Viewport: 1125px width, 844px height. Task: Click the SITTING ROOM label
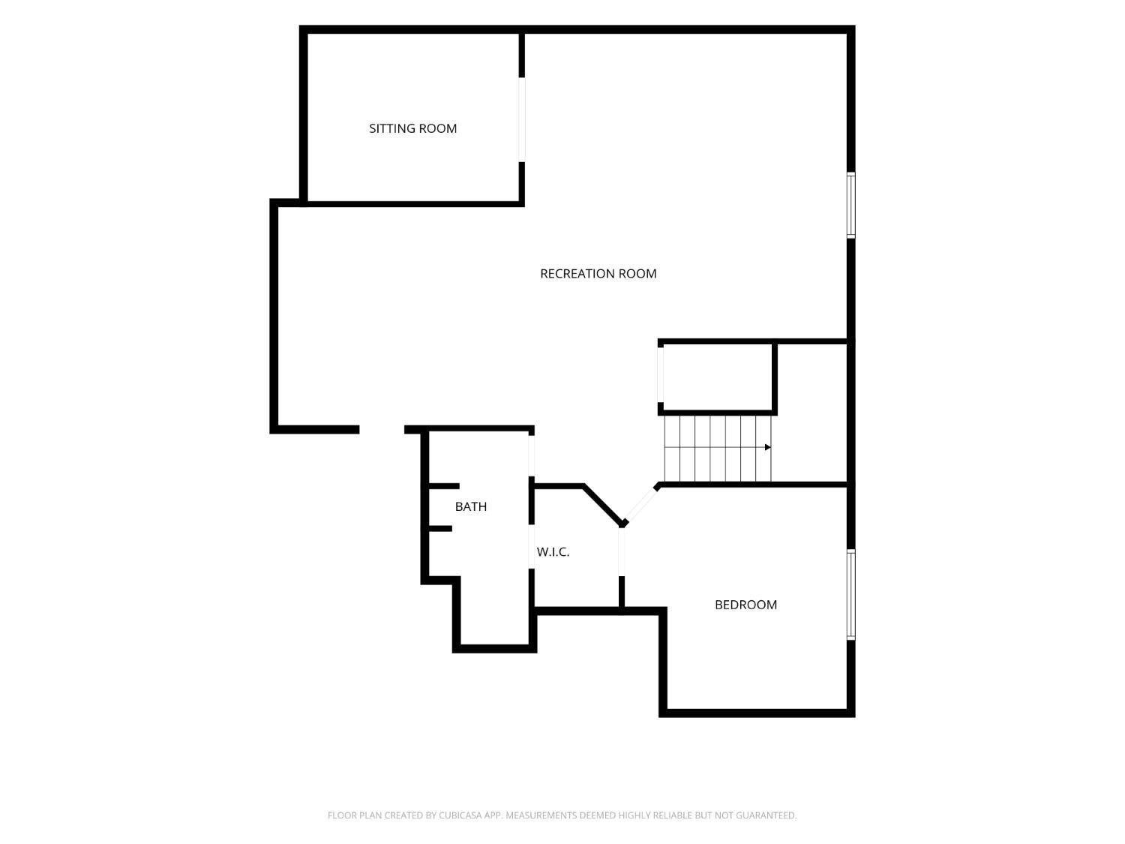(412, 128)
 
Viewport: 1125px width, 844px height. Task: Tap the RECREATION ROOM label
(598, 274)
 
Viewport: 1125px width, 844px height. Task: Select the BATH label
(470, 506)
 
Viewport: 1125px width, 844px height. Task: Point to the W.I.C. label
(553, 552)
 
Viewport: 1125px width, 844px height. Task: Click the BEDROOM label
(745, 605)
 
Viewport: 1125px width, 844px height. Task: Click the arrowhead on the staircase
(767, 447)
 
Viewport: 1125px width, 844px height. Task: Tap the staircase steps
(718, 449)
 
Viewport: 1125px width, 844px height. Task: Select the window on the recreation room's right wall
(850, 206)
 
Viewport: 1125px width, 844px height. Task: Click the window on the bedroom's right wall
(850, 595)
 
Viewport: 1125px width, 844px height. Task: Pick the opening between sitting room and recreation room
(522, 119)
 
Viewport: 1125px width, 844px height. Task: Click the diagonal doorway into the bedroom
(640, 505)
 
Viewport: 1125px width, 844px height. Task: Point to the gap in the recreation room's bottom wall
(382, 429)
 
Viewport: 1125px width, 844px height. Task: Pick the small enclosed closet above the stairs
(718, 377)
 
